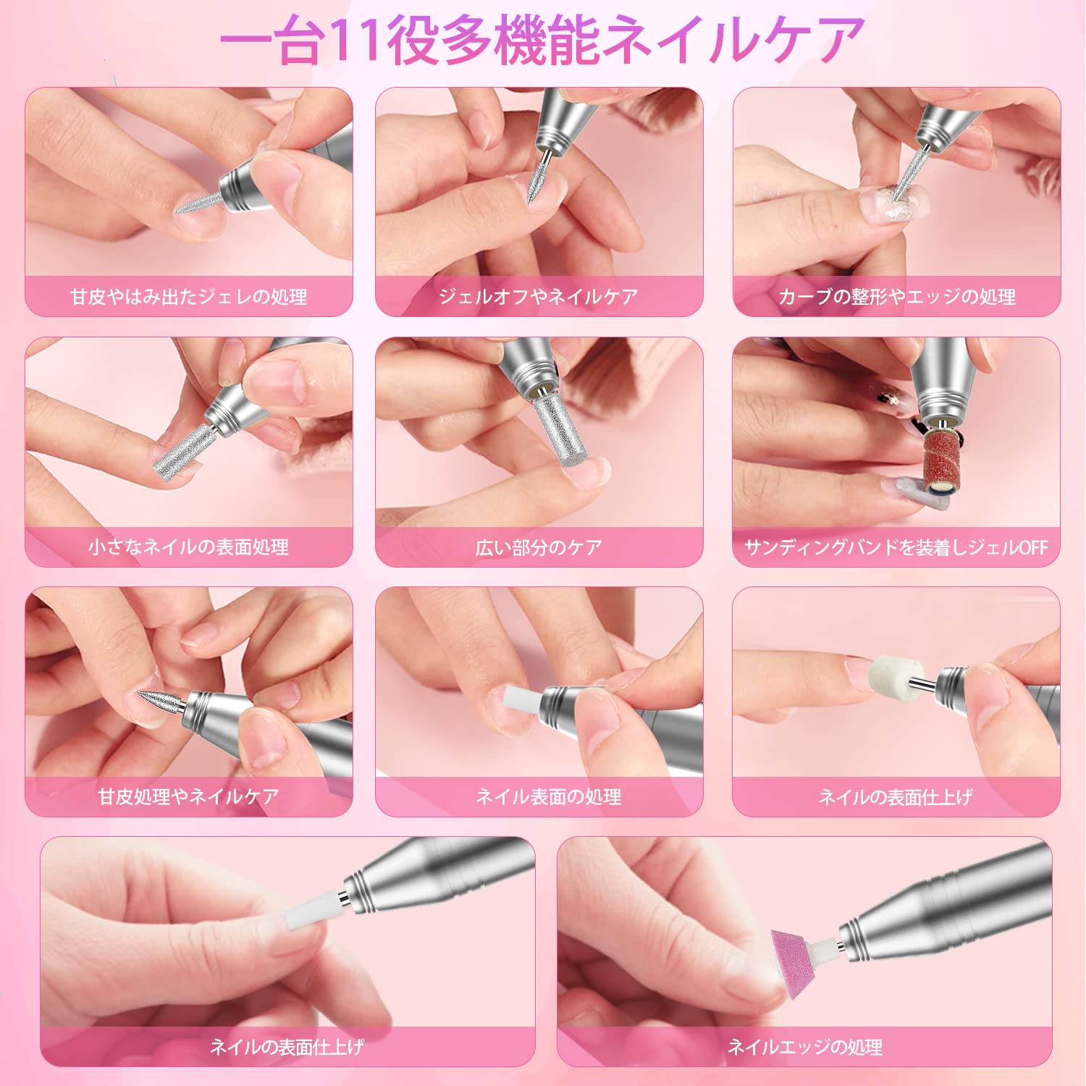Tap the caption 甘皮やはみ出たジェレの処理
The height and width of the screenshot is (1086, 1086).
click(x=189, y=297)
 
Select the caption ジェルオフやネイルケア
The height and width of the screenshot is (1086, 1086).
click(x=539, y=297)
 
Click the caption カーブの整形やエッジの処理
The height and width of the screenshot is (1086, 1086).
click(x=897, y=297)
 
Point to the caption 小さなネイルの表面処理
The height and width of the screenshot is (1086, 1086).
click(x=189, y=547)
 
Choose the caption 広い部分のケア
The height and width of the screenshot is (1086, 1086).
click(x=539, y=547)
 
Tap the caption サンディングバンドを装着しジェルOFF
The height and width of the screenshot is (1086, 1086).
click(x=896, y=547)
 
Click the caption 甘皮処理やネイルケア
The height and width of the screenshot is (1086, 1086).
click(x=189, y=796)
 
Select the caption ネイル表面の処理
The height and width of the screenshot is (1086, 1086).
click(x=548, y=796)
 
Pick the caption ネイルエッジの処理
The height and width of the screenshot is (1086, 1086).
click(x=805, y=1047)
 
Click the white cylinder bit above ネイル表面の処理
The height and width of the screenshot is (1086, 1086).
click(x=523, y=701)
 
